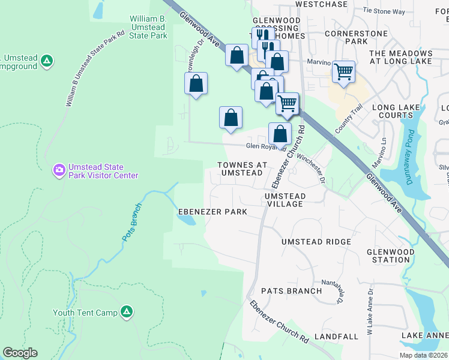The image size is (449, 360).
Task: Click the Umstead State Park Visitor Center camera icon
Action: point(59,170)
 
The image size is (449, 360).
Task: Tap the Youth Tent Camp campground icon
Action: point(127,311)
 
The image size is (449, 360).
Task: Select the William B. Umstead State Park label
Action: point(148,28)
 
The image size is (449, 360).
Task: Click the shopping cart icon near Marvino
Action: point(343,72)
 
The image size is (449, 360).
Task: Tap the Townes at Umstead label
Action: point(240,169)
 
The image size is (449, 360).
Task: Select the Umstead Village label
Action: point(285,200)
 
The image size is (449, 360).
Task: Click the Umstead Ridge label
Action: point(316,241)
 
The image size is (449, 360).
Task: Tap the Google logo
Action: point(20,353)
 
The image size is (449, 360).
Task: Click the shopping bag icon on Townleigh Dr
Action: point(196,84)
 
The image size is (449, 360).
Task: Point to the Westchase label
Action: point(322,4)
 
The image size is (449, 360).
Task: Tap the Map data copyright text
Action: point(423,355)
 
